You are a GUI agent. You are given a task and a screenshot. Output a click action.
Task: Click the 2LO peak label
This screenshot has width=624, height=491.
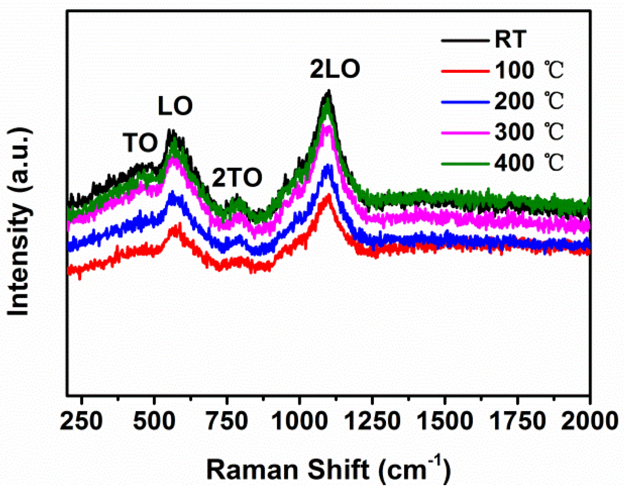[335, 69]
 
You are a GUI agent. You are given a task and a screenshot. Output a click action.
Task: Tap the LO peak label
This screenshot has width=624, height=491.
[175, 106]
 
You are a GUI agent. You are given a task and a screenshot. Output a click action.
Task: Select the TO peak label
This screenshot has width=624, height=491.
[140, 143]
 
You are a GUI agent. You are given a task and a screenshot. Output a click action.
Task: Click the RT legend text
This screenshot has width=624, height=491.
[510, 39]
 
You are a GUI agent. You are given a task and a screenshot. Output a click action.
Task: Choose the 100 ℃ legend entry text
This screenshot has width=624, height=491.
[529, 70]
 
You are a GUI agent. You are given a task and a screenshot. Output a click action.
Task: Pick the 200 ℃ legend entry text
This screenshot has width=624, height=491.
[529, 101]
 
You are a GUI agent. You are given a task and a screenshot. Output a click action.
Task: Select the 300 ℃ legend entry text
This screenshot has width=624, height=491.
[529, 132]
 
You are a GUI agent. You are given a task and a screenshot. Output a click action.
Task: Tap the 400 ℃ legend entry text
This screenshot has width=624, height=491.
[529, 163]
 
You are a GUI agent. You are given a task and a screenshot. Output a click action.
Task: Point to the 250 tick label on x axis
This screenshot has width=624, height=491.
[81, 421]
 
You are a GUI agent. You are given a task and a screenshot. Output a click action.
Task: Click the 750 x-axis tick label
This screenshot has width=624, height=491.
[227, 421]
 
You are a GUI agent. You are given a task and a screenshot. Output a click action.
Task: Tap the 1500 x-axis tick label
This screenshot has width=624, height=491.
[445, 421]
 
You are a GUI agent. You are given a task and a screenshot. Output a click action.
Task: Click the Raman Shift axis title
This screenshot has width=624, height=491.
[328, 469]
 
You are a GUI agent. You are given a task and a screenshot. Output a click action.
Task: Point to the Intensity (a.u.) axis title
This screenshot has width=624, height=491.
[19, 221]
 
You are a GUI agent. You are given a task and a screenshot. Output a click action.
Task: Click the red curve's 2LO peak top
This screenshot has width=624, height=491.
[328, 195]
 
